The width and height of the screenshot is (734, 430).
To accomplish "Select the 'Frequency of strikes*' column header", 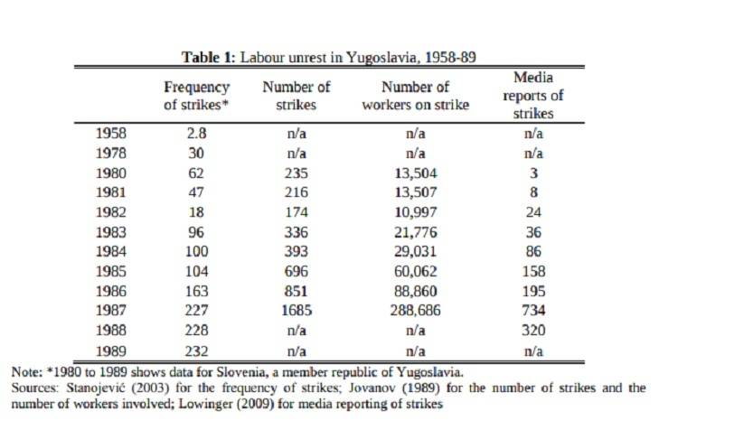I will pos(196,96).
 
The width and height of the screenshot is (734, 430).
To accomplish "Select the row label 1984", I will pos(111,252).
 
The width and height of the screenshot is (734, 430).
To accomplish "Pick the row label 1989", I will pos(111,351).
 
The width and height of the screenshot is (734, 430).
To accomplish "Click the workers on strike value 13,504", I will pos(415,173).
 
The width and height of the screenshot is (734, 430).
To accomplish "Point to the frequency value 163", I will pos(196,292).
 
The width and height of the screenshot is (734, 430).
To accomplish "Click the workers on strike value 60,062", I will pos(415,272).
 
